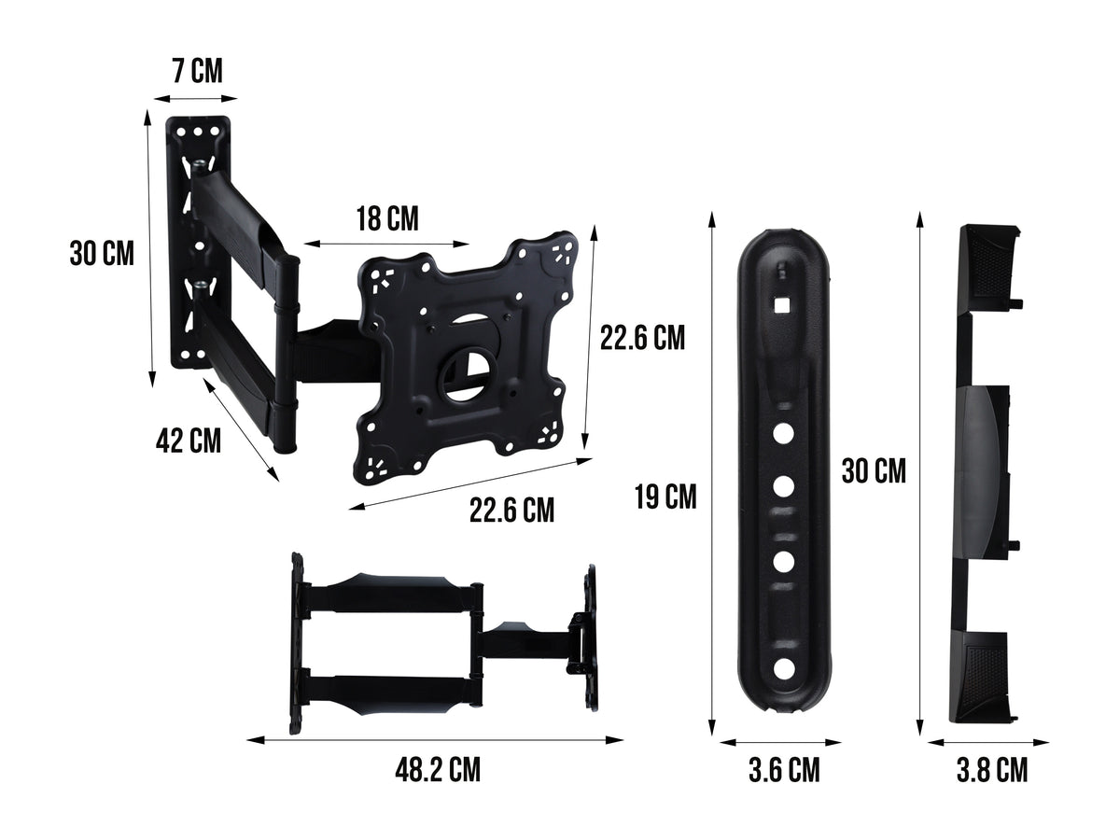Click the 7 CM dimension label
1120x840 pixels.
pos(197,71)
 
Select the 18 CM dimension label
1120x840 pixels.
pos(386,219)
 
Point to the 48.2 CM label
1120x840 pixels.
pos(438,771)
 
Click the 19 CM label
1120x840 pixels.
pos(665,497)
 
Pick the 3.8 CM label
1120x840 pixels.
pos(991,771)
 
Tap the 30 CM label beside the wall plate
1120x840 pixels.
pos(102,253)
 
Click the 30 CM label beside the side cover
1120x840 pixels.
pos(874,471)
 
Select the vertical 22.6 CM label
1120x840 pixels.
pos(642,338)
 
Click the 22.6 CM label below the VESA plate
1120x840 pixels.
pos(511,511)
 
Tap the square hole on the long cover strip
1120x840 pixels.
pos(782,303)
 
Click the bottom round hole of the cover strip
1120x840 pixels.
pos(783,668)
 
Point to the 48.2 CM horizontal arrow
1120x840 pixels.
pos(435,741)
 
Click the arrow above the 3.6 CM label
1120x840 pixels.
pos(781,743)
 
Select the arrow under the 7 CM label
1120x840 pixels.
pos(195,97)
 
